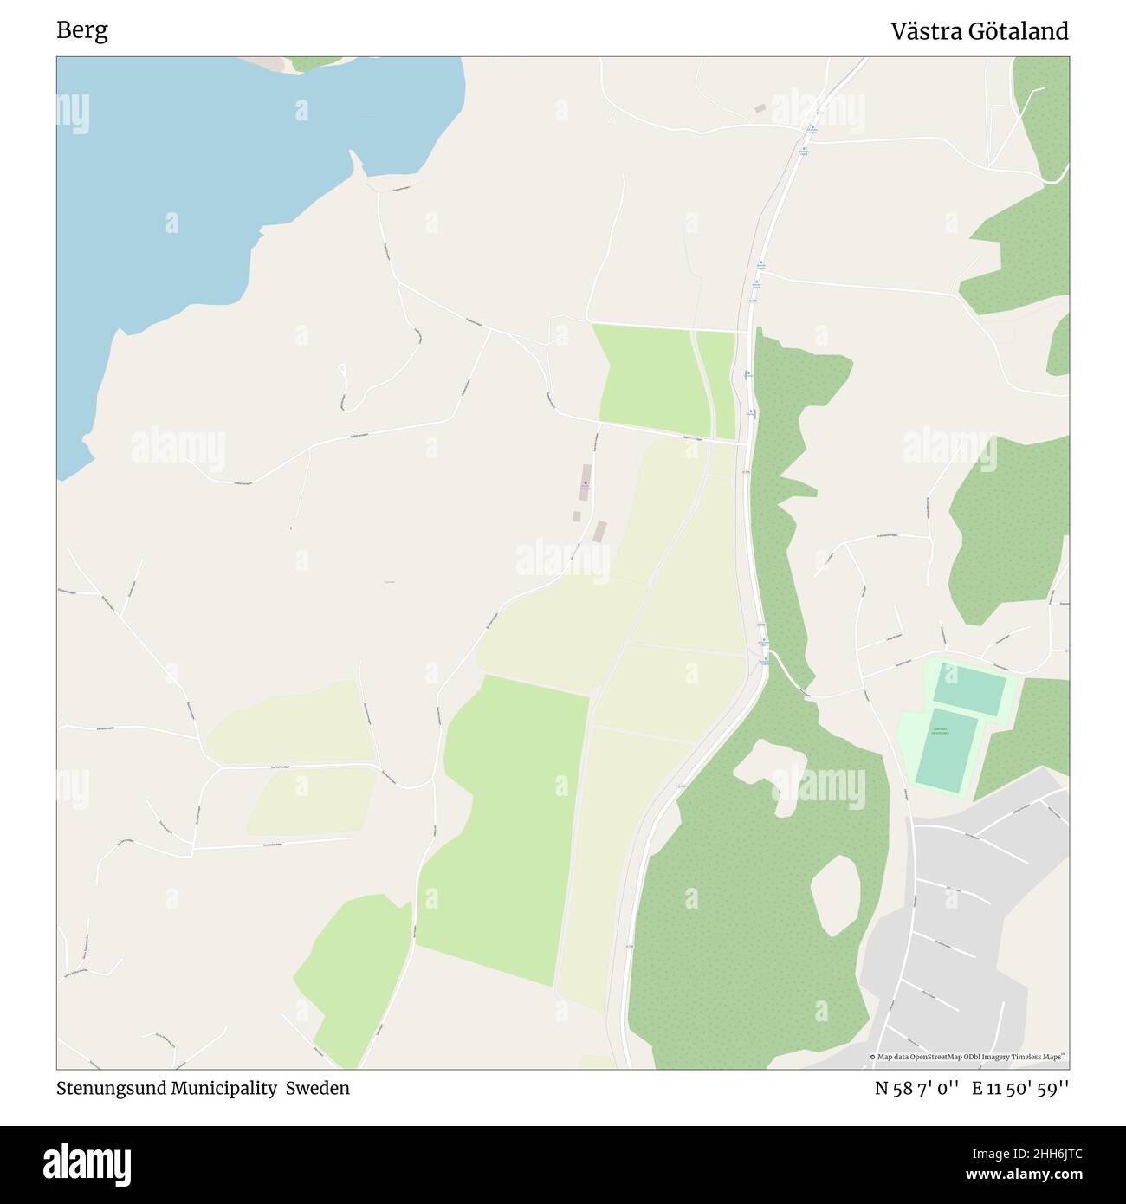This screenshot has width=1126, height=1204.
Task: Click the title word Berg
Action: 82,31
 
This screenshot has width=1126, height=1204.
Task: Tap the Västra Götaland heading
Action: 980,32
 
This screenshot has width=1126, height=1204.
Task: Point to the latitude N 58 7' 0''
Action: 916,1088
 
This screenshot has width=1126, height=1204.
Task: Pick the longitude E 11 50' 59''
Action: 1020,1088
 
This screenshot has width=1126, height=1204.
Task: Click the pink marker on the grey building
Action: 585,482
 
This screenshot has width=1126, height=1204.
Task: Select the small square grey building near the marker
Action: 577,516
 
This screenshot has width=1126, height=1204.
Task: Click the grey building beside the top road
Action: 760,108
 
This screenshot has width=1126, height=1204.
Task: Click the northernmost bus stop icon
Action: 812,131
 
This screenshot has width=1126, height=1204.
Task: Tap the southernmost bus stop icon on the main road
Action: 765,659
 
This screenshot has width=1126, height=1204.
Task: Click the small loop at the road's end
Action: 343,371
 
